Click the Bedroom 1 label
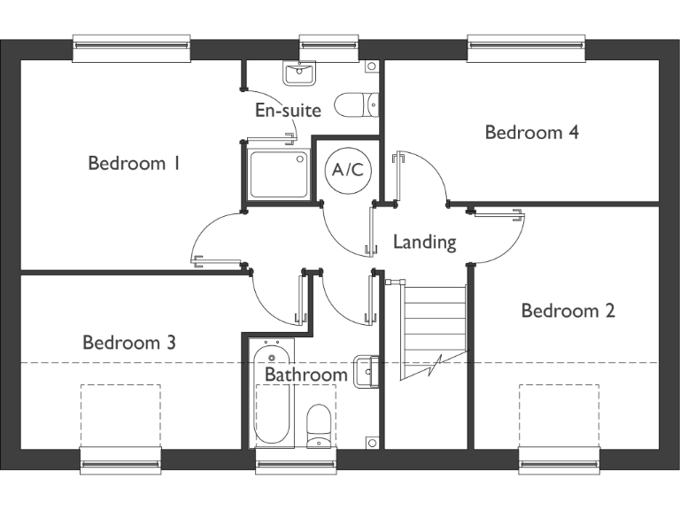pyautogui.click(x=134, y=163)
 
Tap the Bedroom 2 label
pyautogui.click(x=568, y=311)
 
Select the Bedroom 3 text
pyautogui.click(x=129, y=342)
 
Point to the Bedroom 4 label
pyautogui.click(x=531, y=132)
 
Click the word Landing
pyautogui.click(x=424, y=241)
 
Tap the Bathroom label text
pyautogui.click(x=305, y=375)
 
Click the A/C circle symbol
pyautogui.click(x=347, y=169)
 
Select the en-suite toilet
pyautogui.click(x=356, y=105)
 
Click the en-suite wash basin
pyautogui.click(x=299, y=73)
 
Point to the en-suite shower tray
pyautogui.click(x=278, y=174)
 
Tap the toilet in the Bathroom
pyautogui.click(x=318, y=425)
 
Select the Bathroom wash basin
pyautogui.click(x=366, y=371)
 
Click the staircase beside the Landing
pyautogui.click(x=434, y=328)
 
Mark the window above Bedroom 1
pyautogui.click(x=131, y=48)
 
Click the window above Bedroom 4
pyautogui.click(x=526, y=48)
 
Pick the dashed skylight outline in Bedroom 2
pyautogui.click(x=559, y=416)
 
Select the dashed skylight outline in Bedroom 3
pyautogui.click(x=120, y=416)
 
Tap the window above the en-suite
pyautogui.click(x=328, y=48)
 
